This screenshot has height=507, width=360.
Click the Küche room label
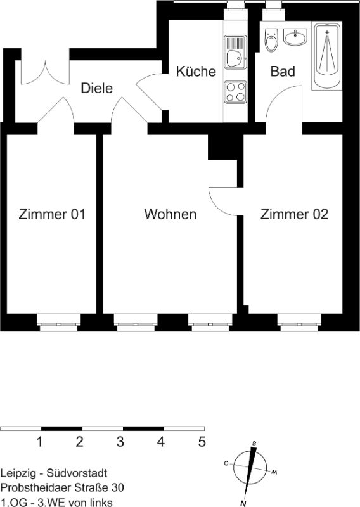point(196,71)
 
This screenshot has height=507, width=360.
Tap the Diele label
point(97,88)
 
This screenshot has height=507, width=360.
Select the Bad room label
point(283,71)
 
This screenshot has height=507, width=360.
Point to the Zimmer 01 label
point(52,214)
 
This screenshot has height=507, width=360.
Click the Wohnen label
point(170,214)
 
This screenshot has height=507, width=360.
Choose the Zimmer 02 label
point(294,214)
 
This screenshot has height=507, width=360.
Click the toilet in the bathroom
point(271,40)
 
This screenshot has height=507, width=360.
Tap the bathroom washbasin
point(295,37)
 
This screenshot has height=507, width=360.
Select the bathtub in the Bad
point(326,56)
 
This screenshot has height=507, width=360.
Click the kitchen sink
point(236,52)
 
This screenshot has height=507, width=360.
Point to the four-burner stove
point(236,92)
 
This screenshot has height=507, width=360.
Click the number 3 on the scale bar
point(120,441)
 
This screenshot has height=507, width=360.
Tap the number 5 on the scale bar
point(202,441)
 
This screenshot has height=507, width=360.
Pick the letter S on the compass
point(254,444)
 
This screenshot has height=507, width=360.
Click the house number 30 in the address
point(117,487)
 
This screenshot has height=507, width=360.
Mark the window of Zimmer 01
point(58,323)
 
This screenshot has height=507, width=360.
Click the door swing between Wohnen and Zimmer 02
point(223,201)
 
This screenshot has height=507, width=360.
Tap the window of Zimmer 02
point(299,323)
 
